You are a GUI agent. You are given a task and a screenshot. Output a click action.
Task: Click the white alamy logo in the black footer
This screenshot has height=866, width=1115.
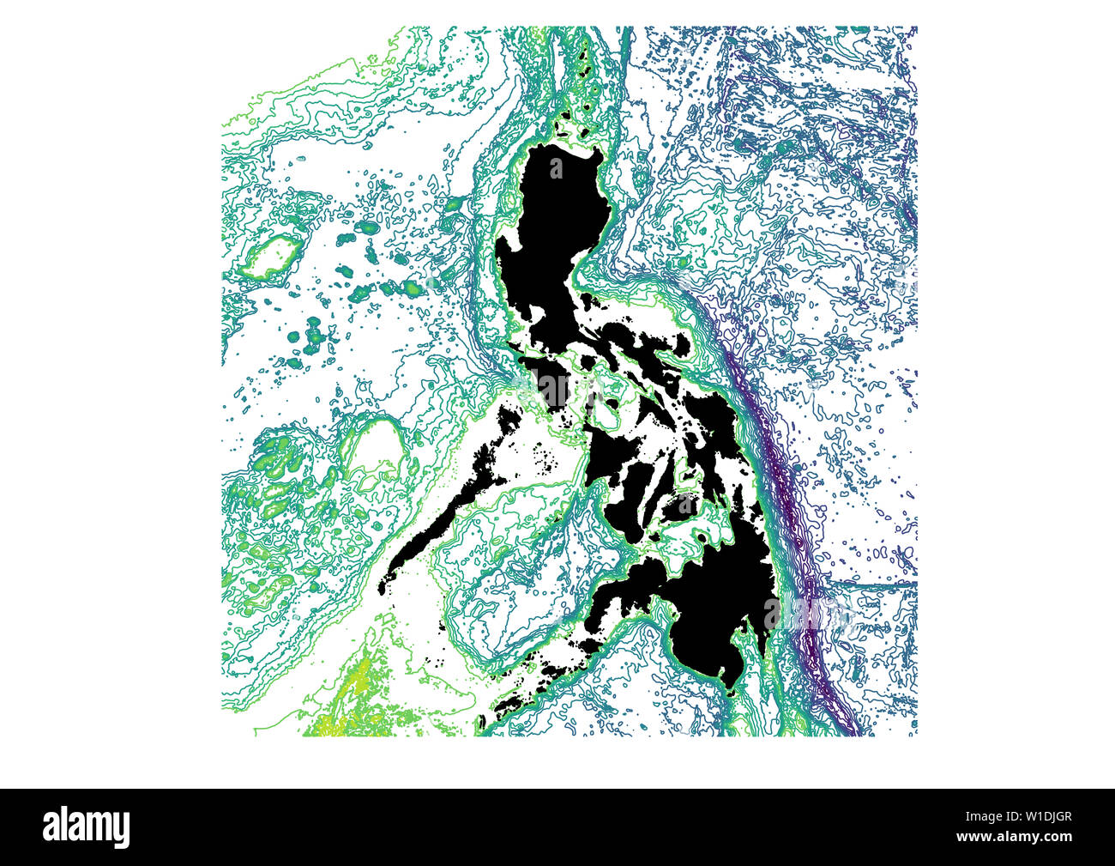(x=87, y=827)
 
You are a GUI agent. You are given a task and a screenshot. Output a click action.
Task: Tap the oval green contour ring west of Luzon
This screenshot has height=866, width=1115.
(x=274, y=256)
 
